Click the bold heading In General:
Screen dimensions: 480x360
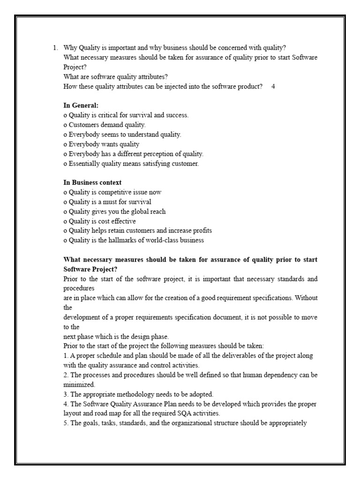click(81, 105)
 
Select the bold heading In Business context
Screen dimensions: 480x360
click(92, 182)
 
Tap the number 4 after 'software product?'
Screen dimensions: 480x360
click(273, 86)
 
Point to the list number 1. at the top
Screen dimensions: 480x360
click(55, 47)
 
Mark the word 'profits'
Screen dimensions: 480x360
click(200, 231)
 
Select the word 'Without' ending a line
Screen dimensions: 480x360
click(306, 298)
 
